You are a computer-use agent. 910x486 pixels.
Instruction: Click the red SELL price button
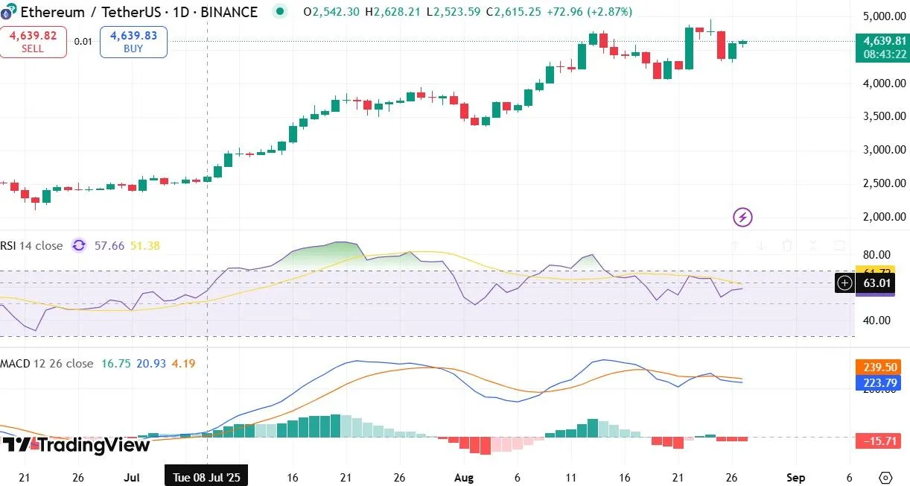(x=33, y=42)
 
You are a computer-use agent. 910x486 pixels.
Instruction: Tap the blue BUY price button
(x=133, y=42)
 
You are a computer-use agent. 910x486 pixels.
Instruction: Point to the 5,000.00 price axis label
(x=884, y=16)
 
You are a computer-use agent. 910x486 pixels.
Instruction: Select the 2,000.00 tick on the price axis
(x=884, y=217)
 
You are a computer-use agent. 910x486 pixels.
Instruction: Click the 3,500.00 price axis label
(x=884, y=116)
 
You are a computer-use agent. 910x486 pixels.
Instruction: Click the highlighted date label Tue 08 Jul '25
(x=206, y=476)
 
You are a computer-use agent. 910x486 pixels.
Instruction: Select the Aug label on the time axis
(x=464, y=476)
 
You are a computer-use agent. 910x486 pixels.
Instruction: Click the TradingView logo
(x=76, y=445)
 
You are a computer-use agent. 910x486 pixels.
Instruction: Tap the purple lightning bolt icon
(x=742, y=217)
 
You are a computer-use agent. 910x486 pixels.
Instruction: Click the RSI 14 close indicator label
(x=31, y=245)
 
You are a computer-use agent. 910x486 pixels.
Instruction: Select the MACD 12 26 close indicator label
(x=47, y=363)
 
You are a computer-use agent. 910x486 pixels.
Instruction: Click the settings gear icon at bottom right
(x=885, y=477)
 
